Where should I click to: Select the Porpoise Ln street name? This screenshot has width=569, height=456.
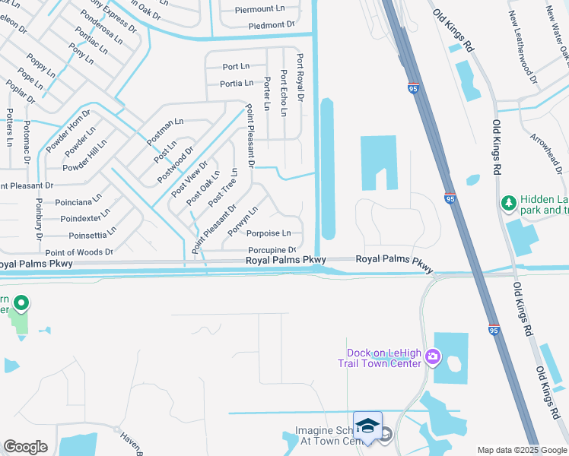pyautogui.click(x=269, y=233)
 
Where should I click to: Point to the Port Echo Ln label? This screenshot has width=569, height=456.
pyautogui.click(x=284, y=93)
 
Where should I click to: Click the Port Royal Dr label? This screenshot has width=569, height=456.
pyautogui.click(x=300, y=78)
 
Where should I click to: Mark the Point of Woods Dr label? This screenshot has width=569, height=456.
pyautogui.click(x=79, y=252)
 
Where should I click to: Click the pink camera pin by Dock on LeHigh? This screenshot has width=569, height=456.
pyautogui.click(x=433, y=356)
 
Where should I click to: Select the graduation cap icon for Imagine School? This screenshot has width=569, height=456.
pyautogui.click(x=367, y=426)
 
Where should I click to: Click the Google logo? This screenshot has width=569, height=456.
pyautogui.click(x=25, y=447)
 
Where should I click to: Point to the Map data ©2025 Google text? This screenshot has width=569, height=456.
pyautogui.click(x=522, y=450)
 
